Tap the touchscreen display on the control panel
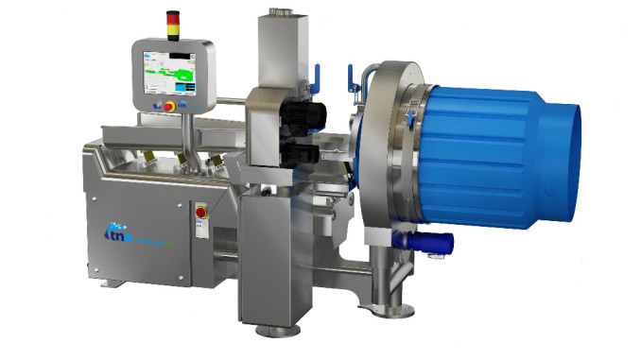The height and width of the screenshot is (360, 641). tap(170, 72)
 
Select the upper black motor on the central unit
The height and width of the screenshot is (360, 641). tap(306, 114)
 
